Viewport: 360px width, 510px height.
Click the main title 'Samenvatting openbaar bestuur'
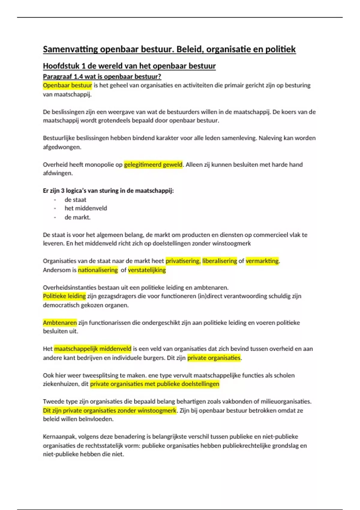[169, 49]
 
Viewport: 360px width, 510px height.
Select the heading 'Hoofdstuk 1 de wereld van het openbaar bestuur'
[129, 66]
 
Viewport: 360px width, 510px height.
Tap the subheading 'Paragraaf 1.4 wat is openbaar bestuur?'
[102, 76]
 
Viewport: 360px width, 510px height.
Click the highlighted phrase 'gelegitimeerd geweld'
[153, 165]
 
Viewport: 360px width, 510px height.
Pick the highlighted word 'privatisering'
[183, 261]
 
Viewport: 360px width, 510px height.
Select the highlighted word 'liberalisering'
[220, 261]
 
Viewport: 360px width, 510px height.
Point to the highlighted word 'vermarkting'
[262, 261]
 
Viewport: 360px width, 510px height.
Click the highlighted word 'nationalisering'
[98, 270]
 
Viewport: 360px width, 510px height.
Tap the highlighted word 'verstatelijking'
[147, 270]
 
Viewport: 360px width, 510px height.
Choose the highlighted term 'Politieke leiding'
[64, 296]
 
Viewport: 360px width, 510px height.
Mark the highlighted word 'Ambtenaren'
[60, 323]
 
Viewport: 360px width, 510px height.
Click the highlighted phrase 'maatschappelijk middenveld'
[92, 349]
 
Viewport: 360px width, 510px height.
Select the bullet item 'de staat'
[75, 200]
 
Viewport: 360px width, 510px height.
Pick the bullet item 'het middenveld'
[86, 208]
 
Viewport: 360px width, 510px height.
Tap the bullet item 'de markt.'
[77, 217]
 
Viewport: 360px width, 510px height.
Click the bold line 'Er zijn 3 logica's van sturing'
[108, 191]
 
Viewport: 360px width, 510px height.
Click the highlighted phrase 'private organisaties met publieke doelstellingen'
[154, 384]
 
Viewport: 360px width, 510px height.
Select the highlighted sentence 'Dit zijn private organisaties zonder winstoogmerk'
[110, 411]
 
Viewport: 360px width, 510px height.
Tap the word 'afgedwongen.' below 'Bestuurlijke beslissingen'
[62, 147]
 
